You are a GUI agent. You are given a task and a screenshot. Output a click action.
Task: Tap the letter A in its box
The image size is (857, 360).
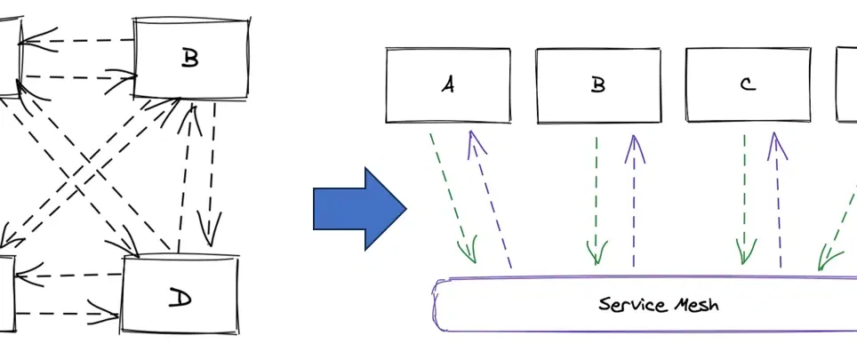coord(448,84)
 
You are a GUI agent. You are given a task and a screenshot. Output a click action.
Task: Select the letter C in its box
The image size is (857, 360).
coord(747,84)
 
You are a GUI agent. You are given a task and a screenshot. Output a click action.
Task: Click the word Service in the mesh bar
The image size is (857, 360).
coord(632,305)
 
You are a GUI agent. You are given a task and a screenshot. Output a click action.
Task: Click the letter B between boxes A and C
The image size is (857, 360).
coord(598,84)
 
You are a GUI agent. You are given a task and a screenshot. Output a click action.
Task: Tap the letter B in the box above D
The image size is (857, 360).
coord(189,59)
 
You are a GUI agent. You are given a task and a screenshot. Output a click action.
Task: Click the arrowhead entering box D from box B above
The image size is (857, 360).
coord(210,236)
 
